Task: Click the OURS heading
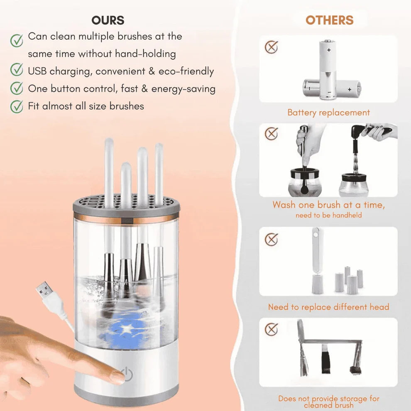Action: click(108, 20)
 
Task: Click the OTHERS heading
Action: click(329, 20)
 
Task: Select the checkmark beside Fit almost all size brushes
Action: click(17, 106)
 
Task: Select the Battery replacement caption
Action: click(328, 113)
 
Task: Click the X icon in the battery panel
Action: click(271, 46)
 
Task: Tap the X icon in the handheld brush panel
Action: click(271, 134)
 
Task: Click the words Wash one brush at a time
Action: click(328, 205)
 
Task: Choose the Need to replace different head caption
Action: click(328, 307)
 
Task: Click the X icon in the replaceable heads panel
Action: click(271, 239)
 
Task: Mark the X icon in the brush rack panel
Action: click(271, 329)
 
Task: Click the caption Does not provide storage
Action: click(328, 399)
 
